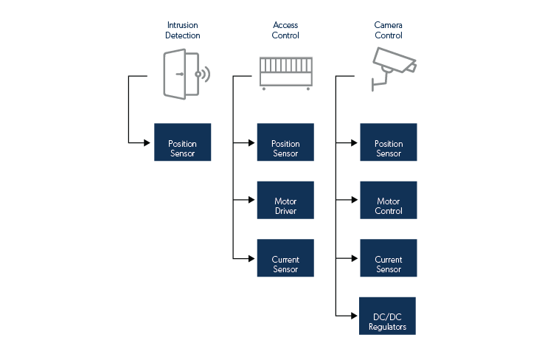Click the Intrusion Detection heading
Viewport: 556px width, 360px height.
click(x=182, y=30)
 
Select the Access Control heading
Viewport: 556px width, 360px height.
click(x=285, y=30)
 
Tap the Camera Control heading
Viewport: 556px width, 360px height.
click(x=389, y=30)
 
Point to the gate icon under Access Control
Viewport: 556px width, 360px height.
click(x=285, y=72)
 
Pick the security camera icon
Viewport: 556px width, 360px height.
click(x=394, y=66)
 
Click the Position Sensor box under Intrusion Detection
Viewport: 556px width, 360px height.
click(x=182, y=142)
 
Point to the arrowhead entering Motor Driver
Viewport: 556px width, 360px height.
click(x=252, y=200)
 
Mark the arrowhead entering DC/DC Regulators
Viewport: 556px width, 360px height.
click(x=355, y=316)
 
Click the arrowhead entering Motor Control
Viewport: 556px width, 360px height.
click(x=355, y=200)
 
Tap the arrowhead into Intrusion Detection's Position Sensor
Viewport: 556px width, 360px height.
click(x=149, y=142)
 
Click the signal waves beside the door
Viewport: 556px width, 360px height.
click(x=204, y=74)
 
